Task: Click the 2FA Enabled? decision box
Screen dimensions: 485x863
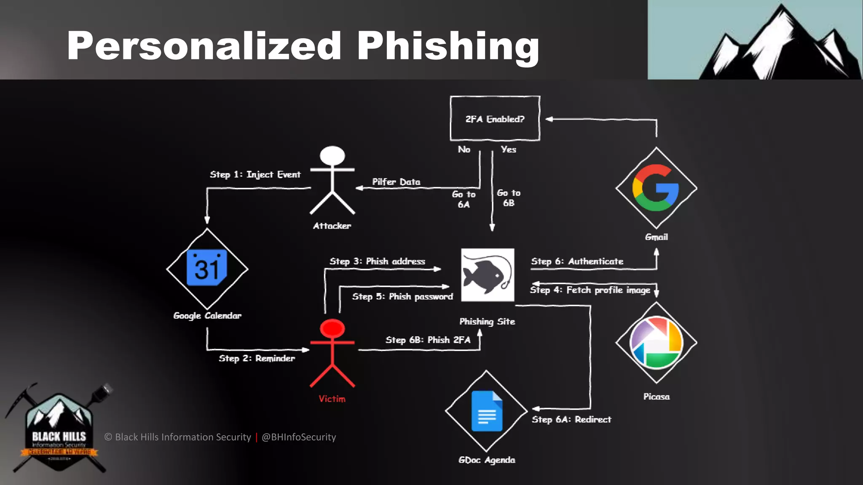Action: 495,119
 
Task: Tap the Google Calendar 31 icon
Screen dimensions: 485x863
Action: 207,268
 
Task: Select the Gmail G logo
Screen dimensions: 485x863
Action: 656,188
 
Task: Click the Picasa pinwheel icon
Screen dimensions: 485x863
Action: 656,342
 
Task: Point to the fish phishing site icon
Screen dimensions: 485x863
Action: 488,275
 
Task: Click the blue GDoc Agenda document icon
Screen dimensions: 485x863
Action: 487,411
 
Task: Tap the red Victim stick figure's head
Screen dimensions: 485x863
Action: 332,328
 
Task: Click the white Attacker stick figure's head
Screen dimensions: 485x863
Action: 332,155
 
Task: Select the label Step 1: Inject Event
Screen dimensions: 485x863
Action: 255,174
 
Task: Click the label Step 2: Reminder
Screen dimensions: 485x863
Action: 257,358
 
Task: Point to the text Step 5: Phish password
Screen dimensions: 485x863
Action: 402,297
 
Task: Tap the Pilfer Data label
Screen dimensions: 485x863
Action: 396,182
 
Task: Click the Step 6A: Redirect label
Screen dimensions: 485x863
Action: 571,419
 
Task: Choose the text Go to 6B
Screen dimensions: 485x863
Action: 509,198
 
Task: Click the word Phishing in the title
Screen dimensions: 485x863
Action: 448,46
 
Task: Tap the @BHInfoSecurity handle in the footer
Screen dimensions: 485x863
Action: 299,437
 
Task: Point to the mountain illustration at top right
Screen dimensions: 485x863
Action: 780,42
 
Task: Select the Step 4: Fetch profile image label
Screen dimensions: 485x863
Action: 590,290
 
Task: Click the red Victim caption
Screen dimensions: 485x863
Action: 332,399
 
